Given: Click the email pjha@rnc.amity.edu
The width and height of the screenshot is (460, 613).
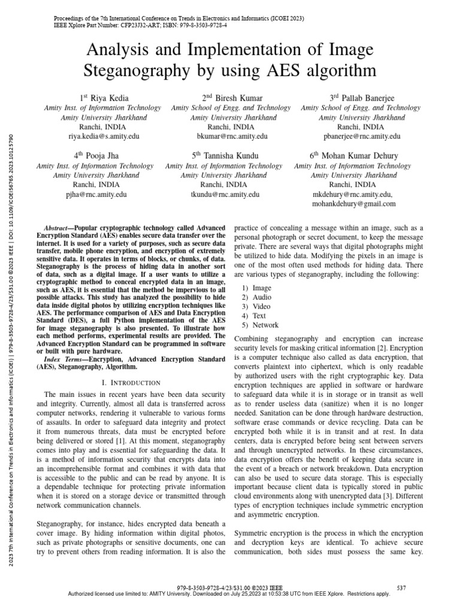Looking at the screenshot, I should coord(96,195).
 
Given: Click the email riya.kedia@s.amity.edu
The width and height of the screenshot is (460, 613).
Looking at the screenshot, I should coord(104,136).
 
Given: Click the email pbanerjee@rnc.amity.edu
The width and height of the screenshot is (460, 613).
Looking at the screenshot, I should coord(361,136).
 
